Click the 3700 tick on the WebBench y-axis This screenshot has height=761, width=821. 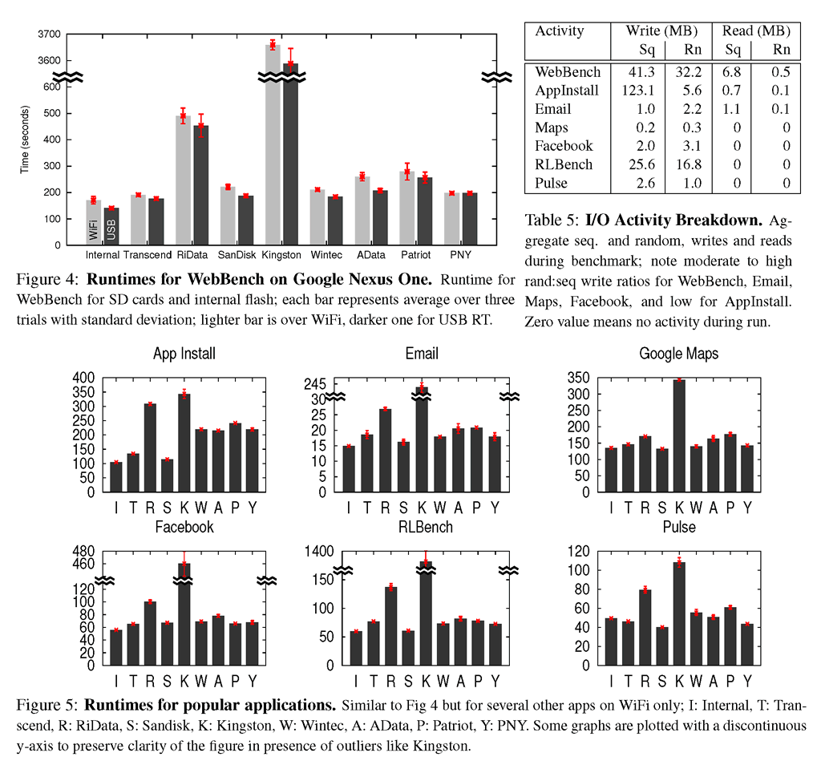point(49,34)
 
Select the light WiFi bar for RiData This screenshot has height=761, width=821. point(184,180)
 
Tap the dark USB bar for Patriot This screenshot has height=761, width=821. point(425,211)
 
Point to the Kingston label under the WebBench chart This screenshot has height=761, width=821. point(281,255)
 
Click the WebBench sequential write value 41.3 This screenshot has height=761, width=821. point(641,71)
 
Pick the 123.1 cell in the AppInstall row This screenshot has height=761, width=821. point(637,90)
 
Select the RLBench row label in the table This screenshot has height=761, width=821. point(564,164)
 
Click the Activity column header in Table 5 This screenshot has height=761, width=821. point(559,31)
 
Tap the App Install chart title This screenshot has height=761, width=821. point(184,354)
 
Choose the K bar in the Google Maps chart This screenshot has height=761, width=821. point(679,435)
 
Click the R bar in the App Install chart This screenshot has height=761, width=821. point(150,447)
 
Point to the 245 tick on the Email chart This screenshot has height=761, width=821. point(314,384)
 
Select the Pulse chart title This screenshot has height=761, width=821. point(679,527)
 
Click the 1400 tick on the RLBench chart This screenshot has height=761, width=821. point(319,551)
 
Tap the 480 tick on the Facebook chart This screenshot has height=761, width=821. point(83,551)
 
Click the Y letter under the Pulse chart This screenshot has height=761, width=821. point(748,681)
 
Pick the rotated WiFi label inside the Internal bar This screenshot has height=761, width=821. point(93,230)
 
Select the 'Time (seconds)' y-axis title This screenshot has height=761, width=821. point(25,140)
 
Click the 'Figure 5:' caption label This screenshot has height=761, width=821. point(47,705)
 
